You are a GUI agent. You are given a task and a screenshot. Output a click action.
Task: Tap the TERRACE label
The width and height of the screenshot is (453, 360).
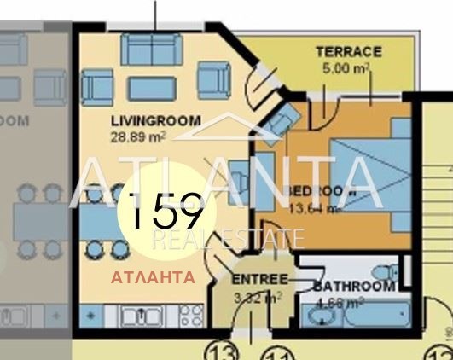click(349, 52)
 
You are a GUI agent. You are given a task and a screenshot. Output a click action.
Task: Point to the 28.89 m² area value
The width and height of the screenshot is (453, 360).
click(136, 134)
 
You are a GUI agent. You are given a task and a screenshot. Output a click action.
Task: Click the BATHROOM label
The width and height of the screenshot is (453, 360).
click(353, 287)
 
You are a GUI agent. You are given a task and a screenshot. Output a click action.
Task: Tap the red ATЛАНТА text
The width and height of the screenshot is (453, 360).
click(153, 277)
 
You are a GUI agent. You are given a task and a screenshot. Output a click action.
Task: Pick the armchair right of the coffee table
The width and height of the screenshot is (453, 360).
click(213, 80)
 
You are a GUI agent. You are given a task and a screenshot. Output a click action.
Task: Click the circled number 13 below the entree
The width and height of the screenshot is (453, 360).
click(224, 350)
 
